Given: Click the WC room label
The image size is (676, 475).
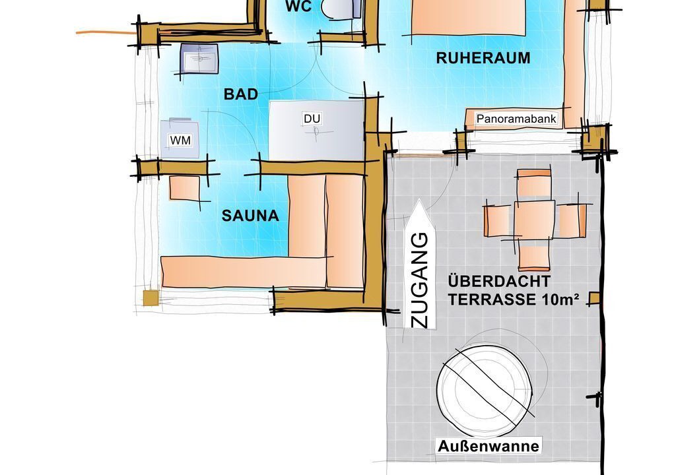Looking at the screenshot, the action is point(298,7).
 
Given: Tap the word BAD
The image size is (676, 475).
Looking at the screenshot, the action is point(241,94).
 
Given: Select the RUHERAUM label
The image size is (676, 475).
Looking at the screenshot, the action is point(483,58).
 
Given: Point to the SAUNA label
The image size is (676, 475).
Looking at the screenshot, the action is point(250,216).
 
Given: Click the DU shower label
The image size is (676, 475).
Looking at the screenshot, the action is point(312,119).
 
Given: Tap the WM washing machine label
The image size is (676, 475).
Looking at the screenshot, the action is point(180,140).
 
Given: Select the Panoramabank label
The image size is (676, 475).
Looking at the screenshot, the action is point(516,119).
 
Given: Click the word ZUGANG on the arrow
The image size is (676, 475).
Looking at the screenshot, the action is point(419,280).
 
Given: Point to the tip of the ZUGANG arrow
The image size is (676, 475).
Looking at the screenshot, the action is point(419,199).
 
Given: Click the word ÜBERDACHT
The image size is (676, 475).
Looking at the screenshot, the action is point(499,282).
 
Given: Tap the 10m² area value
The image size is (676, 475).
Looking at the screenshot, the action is point(559,299).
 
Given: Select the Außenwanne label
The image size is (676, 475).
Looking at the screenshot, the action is point(489,446).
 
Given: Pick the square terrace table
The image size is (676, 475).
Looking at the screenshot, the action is point(534,220).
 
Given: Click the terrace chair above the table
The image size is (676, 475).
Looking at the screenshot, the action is point(534,183).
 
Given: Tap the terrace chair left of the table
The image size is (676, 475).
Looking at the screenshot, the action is point(498,221).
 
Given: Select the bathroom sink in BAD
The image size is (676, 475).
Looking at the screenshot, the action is point(199,58).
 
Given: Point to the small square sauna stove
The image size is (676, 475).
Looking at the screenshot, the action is point(185,189).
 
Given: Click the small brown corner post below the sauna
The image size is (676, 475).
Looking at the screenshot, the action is point(151,298).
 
